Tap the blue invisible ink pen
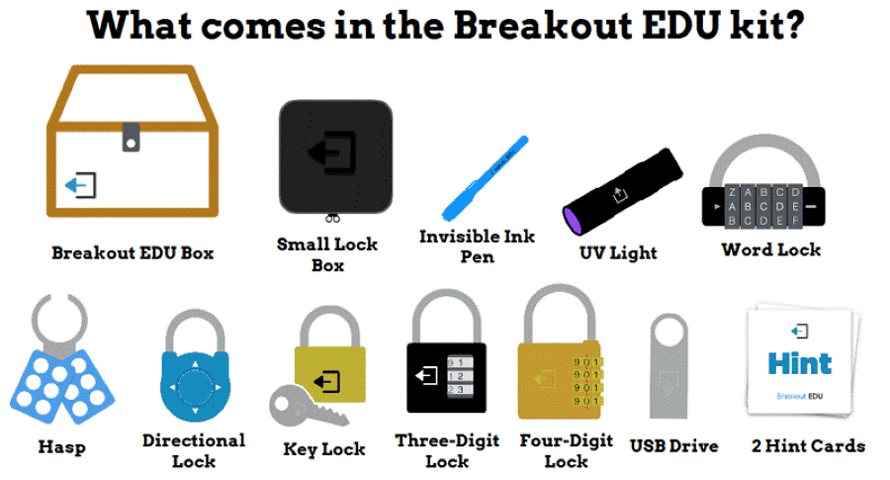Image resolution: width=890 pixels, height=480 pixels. click(484, 177)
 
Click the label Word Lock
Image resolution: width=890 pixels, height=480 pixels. click(770, 249)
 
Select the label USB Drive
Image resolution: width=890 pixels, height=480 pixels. click(673, 445)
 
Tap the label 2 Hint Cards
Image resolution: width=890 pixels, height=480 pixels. click(808, 445)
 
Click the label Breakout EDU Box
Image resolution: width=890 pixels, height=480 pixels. click(133, 252)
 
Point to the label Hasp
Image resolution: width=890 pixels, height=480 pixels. click(61, 446)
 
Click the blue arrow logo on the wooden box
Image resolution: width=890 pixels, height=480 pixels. click(79, 185)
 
